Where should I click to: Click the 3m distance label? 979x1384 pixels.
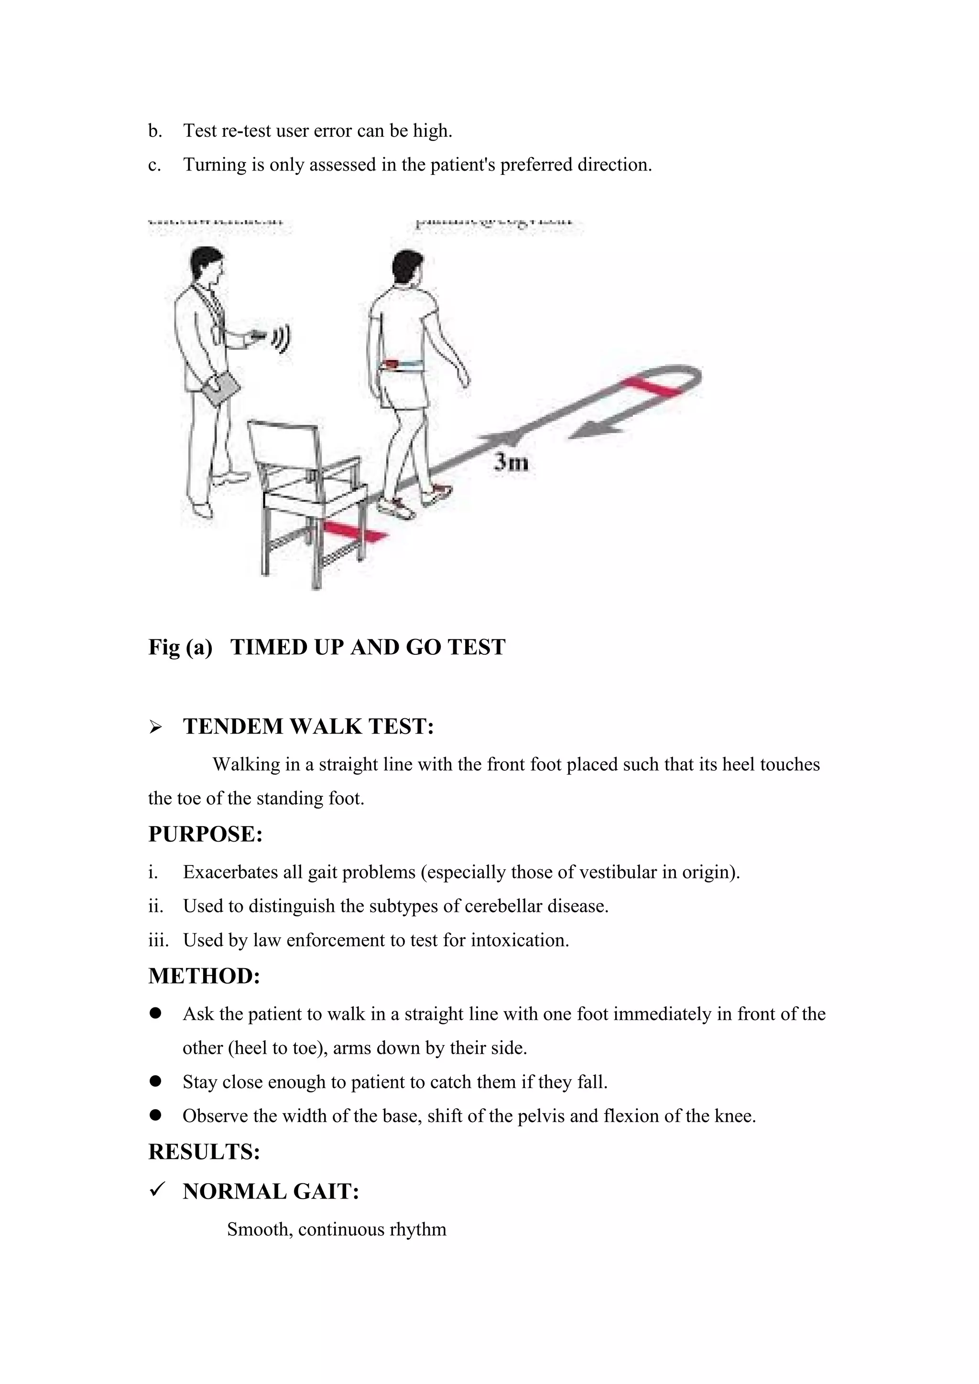[511, 462]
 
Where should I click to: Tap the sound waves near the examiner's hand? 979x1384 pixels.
[282, 339]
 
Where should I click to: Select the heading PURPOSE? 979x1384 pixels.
[206, 834]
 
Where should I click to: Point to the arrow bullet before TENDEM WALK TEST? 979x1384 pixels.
[155, 727]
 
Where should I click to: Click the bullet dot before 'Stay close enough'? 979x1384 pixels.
[155, 1081]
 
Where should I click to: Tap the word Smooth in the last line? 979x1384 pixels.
[259, 1230]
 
